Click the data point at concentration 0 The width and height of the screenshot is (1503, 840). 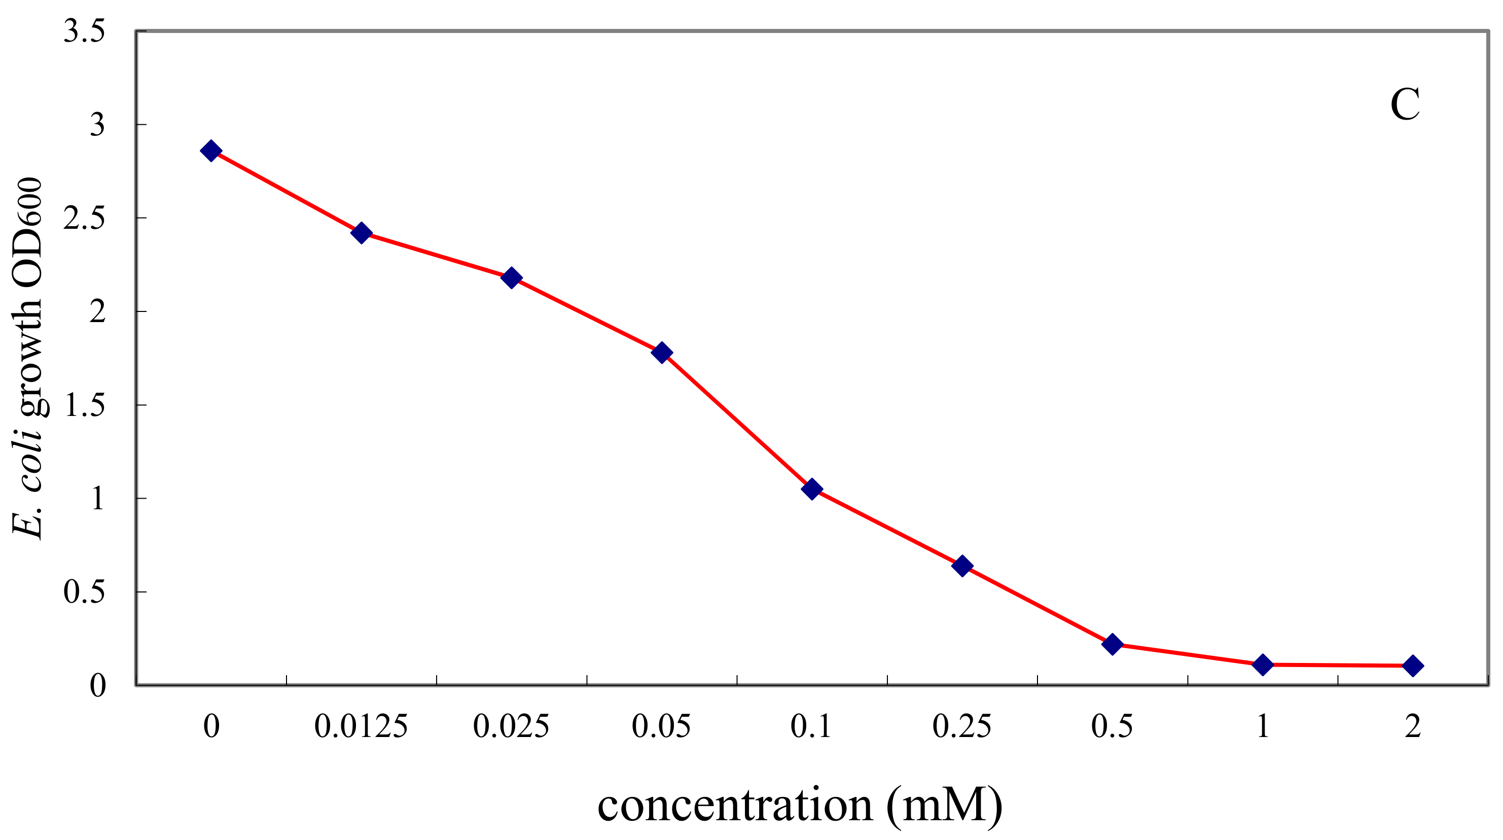pyautogui.click(x=210, y=151)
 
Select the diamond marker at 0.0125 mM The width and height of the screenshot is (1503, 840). pyautogui.click(x=361, y=233)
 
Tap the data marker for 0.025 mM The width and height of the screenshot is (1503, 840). pyautogui.click(x=511, y=277)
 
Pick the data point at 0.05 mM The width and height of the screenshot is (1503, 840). pyautogui.click(x=662, y=353)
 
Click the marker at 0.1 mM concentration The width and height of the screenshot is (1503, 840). pyautogui.click(x=812, y=488)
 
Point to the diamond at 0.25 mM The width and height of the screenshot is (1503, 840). pyautogui.click(x=962, y=566)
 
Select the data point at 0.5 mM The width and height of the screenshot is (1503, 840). pyautogui.click(x=1112, y=644)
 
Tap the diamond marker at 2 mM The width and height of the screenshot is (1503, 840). pyautogui.click(x=1413, y=666)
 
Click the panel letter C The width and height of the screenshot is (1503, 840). pyautogui.click(x=1405, y=106)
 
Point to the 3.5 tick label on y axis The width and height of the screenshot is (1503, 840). pyautogui.click(x=84, y=31)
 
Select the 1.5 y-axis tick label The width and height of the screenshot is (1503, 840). pyautogui.click(x=84, y=405)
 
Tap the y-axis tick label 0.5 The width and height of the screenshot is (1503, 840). pyautogui.click(x=84, y=592)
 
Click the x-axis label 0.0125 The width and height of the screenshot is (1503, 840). pyautogui.click(x=361, y=727)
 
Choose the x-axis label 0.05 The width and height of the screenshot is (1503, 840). pyautogui.click(x=661, y=727)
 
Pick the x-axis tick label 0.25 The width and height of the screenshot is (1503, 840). pyautogui.click(x=961, y=727)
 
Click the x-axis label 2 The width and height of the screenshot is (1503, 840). pyautogui.click(x=1413, y=727)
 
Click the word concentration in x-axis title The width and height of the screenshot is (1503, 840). pyautogui.click(x=735, y=806)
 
